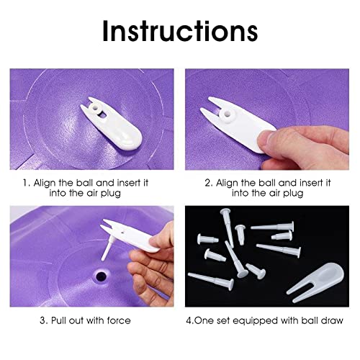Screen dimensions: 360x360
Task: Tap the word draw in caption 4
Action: click(x=336, y=321)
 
